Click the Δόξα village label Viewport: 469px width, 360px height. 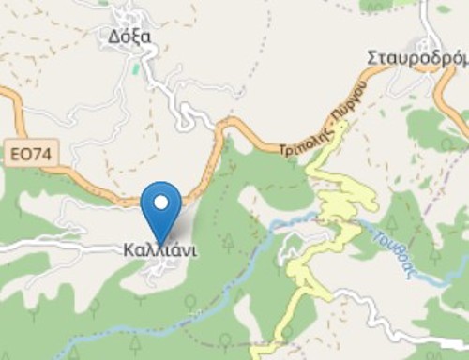[x=129, y=37]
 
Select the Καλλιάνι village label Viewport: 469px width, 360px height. [x=160, y=251]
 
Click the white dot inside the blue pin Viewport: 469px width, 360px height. [x=161, y=202]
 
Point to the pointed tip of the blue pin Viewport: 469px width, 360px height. [x=161, y=243]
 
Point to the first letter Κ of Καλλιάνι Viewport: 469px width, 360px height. [x=129, y=251]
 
